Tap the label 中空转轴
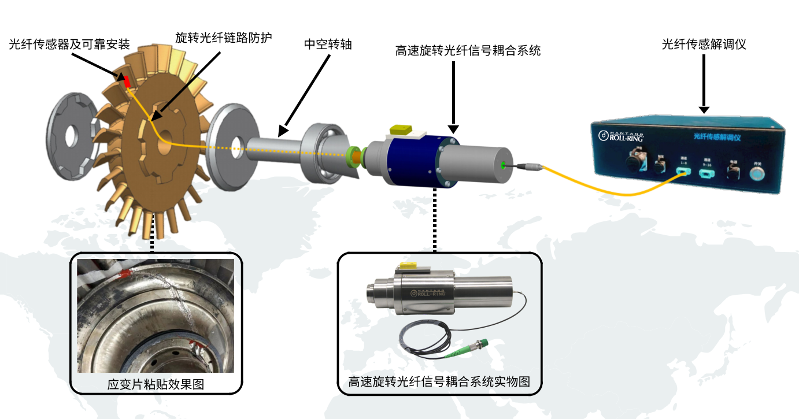[x=328, y=44]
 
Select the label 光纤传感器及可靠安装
[x=69, y=44]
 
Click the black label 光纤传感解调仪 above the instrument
[x=704, y=44]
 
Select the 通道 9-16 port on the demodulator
[x=706, y=170]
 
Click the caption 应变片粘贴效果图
[x=156, y=384]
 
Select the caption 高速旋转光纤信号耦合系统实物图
[x=439, y=382]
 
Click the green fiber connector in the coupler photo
[x=479, y=348]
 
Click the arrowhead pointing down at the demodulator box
[x=704, y=109]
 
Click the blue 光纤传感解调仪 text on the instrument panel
[x=717, y=136]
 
